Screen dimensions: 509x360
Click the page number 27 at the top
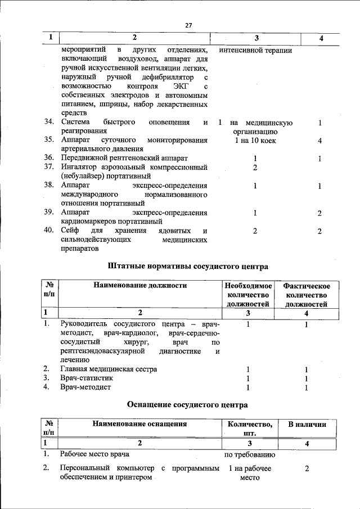(x=188, y=25)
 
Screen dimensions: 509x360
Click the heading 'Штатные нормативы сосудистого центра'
(x=188, y=265)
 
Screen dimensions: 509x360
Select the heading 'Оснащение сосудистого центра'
(x=187, y=404)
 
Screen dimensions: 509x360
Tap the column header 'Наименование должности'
(x=140, y=285)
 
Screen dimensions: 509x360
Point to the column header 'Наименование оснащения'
(x=139, y=424)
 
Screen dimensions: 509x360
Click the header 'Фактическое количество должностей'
(x=307, y=295)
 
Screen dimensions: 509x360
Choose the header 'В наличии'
(x=307, y=424)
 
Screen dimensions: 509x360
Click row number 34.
(x=49, y=123)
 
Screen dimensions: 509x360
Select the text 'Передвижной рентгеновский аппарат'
(x=124, y=159)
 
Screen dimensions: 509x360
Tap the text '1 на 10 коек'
(x=255, y=141)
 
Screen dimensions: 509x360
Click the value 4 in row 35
(x=319, y=141)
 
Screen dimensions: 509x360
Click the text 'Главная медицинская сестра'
(x=109, y=369)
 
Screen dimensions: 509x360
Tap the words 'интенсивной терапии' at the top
(x=254, y=49)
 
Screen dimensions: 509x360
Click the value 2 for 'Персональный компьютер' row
(x=307, y=468)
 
